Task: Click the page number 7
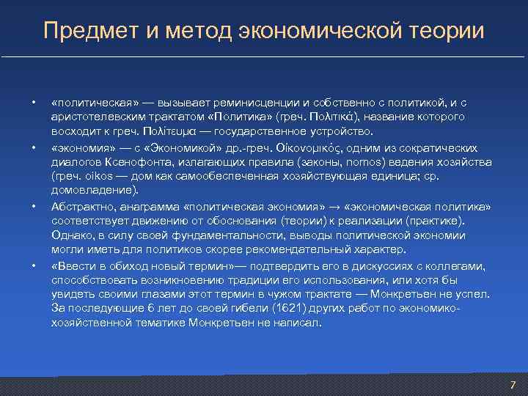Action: click(x=513, y=385)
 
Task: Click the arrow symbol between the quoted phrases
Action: click(x=334, y=207)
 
